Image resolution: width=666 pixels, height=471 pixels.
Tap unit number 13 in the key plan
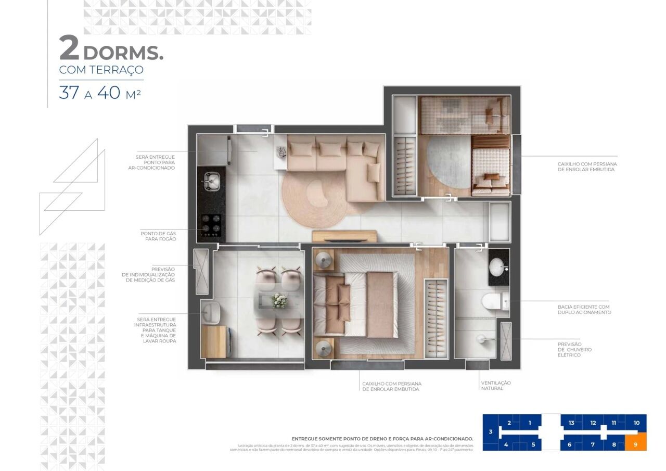point(571,423)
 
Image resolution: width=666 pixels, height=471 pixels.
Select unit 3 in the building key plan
point(490,432)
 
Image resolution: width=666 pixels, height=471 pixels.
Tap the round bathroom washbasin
point(498,268)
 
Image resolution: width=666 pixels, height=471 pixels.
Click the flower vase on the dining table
point(280,300)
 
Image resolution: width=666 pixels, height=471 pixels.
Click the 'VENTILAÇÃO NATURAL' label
point(495,386)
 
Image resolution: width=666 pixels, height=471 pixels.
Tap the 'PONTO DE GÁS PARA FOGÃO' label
point(158,236)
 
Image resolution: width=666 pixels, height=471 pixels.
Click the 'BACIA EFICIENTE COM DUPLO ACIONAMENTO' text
point(584,310)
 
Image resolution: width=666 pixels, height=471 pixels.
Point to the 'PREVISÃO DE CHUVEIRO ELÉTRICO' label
point(575,350)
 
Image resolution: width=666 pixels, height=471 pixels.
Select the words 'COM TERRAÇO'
point(101,70)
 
